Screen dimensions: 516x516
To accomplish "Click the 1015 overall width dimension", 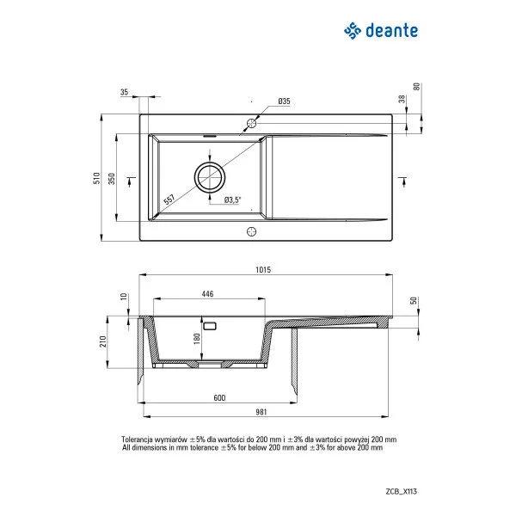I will click(262, 270).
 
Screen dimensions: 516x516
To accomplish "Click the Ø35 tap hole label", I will click(284, 101).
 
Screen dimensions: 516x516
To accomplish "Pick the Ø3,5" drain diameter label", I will click(232, 200).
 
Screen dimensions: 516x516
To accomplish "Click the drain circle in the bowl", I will click(211, 177).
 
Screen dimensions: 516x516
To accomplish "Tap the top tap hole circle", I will click(252, 124).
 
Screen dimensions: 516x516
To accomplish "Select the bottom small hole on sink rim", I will click(252, 230).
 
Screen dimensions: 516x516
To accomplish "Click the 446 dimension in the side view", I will click(207, 294).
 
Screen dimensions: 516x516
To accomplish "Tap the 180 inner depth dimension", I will click(197, 339).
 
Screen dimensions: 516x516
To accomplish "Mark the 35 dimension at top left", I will click(125, 91).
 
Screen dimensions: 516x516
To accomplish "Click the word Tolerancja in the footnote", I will click(141, 438).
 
